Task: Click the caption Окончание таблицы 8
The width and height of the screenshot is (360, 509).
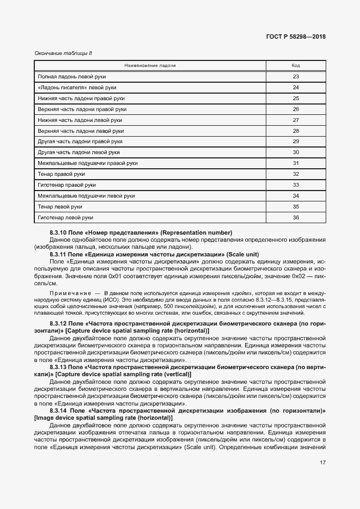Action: pyautogui.click(x=63, y=53)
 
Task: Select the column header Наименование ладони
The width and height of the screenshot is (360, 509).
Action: pyautogui.click(x=150, y=65)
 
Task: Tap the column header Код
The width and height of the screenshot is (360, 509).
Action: pyautogui.click(x=296, y=65)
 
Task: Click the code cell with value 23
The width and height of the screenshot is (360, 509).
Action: pyautogui.click(x=296, y=77)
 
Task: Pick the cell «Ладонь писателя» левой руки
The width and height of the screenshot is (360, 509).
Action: pyautogui.click(x=77, y=88)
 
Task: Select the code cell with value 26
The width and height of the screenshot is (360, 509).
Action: pyautogui.click(x=296, y=109)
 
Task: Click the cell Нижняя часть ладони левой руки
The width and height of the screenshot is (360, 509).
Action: pyautogui.click(x=80, y=120)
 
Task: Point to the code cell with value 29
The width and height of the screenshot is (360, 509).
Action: pyautogui.click(x=296, y=142)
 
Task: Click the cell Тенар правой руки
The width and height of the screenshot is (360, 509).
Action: pyautogui.click(x=61, y=174)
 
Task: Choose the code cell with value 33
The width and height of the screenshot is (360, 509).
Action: pyautogui.click(x=296, y=185)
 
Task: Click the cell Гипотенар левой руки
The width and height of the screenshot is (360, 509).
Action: pyautogui.click(x=65, y=218)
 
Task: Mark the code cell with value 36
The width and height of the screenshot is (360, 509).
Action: pyautogui.click(x=296, y=218)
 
